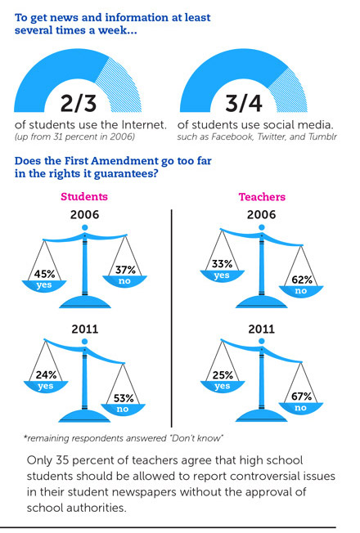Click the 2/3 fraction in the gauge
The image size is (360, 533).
pos(79,103)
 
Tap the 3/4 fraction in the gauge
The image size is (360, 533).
pos(244,103)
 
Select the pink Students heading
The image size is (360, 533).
pos(84,196)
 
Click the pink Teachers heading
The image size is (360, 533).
pos(262,197)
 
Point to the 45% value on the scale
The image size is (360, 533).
pos(44,274)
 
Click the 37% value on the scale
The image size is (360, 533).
pos(125,270)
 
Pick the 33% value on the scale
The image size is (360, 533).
pos(222,264)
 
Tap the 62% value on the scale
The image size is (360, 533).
pos(302,280)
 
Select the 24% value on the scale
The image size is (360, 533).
pos(46,374)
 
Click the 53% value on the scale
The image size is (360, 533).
pos(124,398)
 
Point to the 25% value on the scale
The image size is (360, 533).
pos(223,375)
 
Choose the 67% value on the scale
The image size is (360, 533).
pos(301,396)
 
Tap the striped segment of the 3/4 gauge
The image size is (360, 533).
pos(292,92)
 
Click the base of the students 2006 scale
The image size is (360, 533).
pos(85,302)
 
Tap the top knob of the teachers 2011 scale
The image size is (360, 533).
pos(261,341)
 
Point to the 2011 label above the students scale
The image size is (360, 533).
pos(85,329)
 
